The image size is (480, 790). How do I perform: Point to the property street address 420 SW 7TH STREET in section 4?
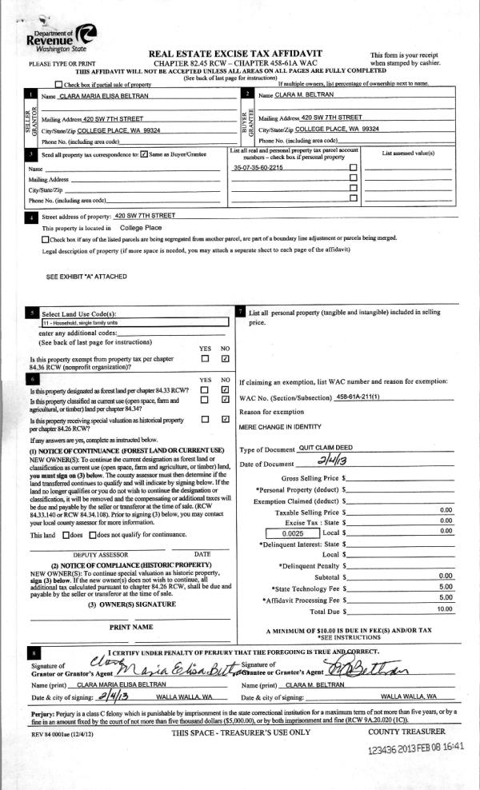(x=145, y=216)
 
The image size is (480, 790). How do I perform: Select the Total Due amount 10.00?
(x=446, y=610)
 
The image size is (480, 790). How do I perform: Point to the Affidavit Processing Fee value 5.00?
(x=446, y=597)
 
